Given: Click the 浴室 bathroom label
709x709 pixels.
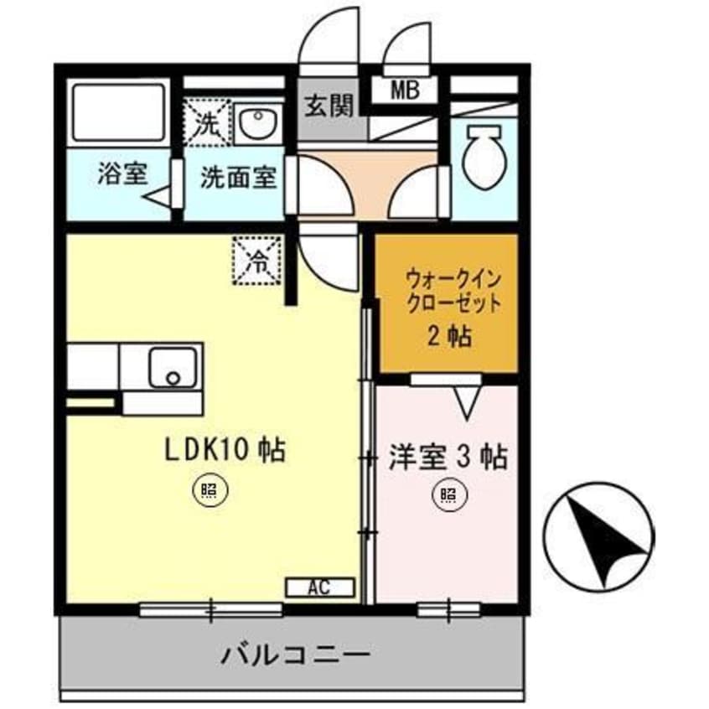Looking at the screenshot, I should (x=122, y=175).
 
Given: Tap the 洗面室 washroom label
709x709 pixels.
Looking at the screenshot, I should (x=238, y=178).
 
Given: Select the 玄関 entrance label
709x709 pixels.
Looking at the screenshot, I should (x=329, y=106).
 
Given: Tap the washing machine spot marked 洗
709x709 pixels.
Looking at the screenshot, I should (x=204, y=123).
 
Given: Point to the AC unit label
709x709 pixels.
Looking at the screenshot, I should (x=321, y=588).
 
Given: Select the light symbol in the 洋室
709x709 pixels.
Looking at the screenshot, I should (x=446, y=496).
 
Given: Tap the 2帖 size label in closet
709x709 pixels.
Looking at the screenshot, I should (x=446, y=336).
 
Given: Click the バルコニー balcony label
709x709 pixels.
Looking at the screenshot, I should (x=295, y=653).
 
